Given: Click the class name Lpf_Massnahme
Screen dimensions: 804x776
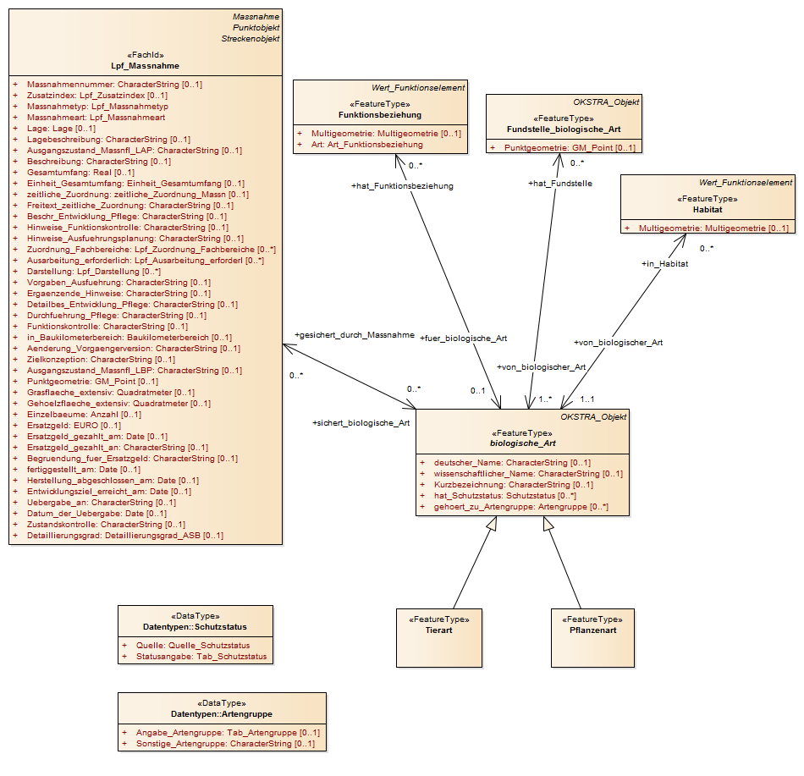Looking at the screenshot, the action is click(x=145, y=66).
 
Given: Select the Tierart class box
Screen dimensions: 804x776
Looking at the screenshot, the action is click(x=439, y=637).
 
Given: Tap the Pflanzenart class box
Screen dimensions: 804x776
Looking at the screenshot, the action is click(x=592, y=637).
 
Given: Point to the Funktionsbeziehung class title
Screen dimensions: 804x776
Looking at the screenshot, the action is click(x=380, y=115).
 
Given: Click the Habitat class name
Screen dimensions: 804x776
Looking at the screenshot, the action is click(x=708, y=210).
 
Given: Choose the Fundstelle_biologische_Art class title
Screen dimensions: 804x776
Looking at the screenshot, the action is click(x=564, y=129).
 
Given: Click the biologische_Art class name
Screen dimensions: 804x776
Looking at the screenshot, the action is click(x=522, y=443).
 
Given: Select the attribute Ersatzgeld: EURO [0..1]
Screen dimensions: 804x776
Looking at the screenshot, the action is click(x=74, y=426).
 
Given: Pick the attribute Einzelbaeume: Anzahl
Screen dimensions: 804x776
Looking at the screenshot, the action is click(x=84, y=414).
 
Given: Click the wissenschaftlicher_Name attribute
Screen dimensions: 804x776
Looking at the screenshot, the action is click(x=528, y=474).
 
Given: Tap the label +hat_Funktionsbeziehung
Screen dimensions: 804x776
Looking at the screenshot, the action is click(x=402, y=186).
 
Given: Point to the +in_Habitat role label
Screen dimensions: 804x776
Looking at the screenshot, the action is click(x=664, y=263).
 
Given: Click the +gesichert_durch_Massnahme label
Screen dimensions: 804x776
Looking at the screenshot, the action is click(x=355, y=335).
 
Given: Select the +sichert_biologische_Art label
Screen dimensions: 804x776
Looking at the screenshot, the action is click(x=361, y=423).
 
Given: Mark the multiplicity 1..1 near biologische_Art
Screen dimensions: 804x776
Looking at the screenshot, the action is click(x=587, y=399).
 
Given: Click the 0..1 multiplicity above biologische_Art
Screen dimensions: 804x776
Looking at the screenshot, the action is click(x=478, y=391).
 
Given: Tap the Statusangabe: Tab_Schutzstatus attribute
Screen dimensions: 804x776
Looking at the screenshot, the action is click(x=201, y=657).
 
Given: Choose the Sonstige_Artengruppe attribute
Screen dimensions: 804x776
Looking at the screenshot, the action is click(x=226, y=744).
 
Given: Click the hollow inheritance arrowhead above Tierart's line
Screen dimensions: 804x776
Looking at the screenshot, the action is click(x=491, y=524).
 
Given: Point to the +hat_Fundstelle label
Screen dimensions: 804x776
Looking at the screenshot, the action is click(x=560, y=184).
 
